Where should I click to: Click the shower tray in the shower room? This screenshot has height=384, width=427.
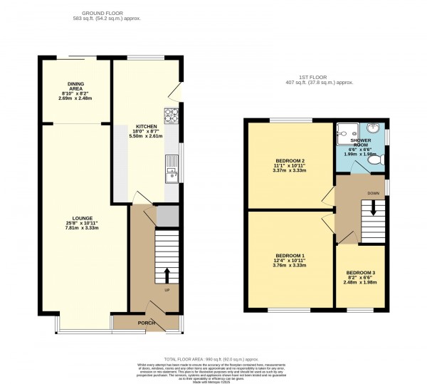347,130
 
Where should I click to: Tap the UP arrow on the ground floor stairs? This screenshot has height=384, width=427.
167,275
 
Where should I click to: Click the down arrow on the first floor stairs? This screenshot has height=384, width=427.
369,209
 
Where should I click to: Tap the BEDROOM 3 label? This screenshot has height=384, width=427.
360,272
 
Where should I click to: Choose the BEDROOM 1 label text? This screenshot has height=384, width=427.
290,255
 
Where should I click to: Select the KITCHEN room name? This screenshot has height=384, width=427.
147,125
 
